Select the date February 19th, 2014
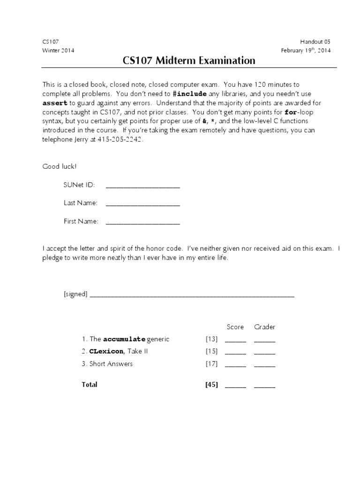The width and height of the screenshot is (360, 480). (306, 51)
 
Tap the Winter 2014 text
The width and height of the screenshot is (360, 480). (58, 51)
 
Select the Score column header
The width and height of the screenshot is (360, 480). (235, 327)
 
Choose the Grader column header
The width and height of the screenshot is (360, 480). (265, 327)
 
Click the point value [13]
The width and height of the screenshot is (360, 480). (211, 339)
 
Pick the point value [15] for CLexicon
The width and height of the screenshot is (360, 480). (211, 351)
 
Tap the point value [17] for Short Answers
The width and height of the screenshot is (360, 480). (211, 364)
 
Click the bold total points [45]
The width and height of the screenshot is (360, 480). (211, 385)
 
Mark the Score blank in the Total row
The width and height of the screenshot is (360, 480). (235, 386)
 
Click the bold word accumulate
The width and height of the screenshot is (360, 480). (124, 339)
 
